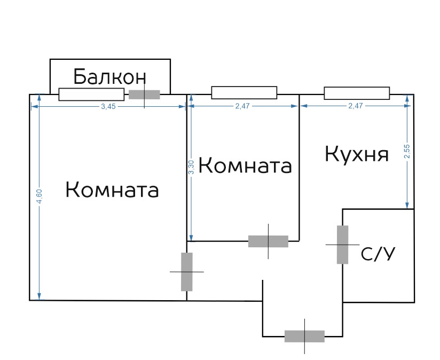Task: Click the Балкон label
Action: click(109, 76)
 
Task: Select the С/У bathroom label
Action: click(378, 254)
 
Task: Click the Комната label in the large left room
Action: click(112, 190)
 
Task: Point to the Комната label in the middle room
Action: click(245, 165)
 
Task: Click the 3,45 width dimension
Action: click(108, 107)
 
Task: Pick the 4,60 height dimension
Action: click(40, 197)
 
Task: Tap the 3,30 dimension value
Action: click(191, 167)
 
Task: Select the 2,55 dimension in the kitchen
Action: click(407, 151)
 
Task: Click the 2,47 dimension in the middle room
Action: click(242, 106)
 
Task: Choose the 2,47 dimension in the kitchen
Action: click(356, 106)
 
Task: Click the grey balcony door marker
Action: click(144, 95)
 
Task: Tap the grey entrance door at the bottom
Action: click(304, 336)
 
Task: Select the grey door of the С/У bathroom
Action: click(343, 245)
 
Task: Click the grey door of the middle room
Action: click(268, 241)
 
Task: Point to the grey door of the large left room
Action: click(187, 272)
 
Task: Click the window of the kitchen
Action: click(357, 93)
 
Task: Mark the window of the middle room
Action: click(244, 92)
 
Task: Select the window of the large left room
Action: click(91, 95)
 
